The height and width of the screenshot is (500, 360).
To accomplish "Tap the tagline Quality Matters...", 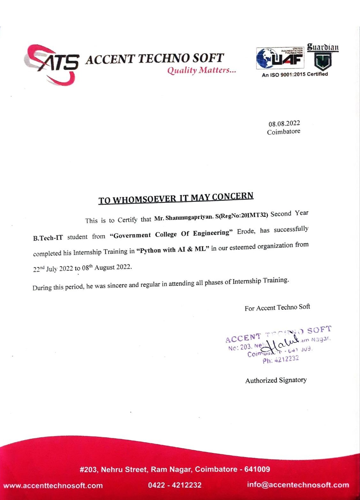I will (x=202, y=70).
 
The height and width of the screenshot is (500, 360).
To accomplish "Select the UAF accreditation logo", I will (x=280, y=58).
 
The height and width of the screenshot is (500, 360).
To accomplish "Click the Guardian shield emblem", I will (x=323, y=61).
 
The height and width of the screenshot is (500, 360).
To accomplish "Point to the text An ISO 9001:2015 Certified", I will (x=295, y=74).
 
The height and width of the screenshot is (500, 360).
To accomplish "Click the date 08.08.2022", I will (x=284, y=124).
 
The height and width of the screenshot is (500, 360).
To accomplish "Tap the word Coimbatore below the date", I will (x=283, y=132).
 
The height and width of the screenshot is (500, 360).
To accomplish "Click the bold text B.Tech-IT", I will (x=48, y=238).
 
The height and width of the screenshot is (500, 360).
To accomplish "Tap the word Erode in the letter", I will (x=246, y=231).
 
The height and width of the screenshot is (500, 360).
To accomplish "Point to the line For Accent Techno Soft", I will (x=277, y=307).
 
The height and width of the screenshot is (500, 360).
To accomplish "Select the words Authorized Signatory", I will (x=276, y=380).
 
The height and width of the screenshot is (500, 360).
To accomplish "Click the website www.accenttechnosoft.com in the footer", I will (x=53, y=486).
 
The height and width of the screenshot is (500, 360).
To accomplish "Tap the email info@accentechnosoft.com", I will (x=298, y=485).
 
